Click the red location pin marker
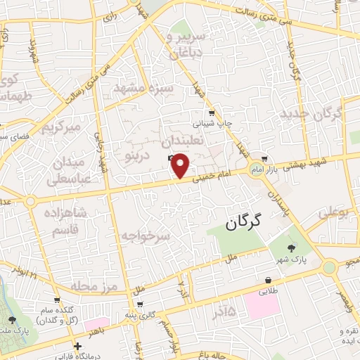[x=181, y=165]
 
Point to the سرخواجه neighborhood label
[x=146, y=236]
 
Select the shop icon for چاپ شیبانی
[x=211, y=113]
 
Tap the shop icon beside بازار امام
[x=264, y=158]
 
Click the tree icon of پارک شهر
[x=292, y=247]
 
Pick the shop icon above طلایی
[x=269, y=278]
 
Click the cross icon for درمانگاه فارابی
[x=78, y=345]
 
